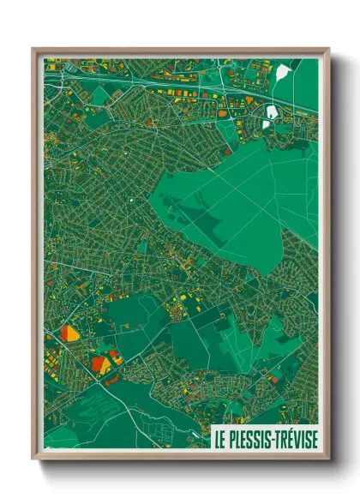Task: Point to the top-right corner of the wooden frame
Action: tap(327, 50)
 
